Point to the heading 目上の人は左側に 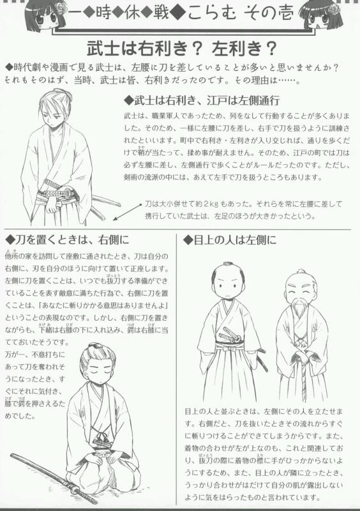(x=230, y=241)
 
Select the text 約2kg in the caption (x=209, y=204)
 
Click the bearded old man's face (x=298, y=287)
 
